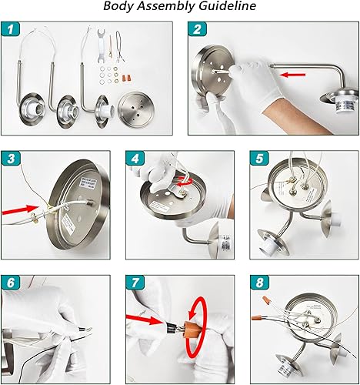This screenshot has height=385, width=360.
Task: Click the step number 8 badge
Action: click(258, 282)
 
